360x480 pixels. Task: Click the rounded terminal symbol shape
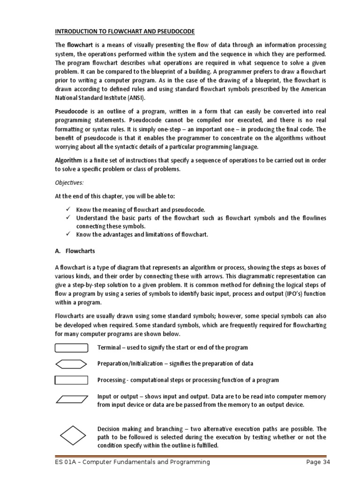point(71,348)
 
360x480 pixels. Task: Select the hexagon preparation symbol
point(71,364)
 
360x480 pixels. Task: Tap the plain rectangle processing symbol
point(71,380)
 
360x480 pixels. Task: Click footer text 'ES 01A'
point(66,463)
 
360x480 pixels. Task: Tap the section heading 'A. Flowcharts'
point(75,251)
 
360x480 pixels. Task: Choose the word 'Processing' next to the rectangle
point(111,380)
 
